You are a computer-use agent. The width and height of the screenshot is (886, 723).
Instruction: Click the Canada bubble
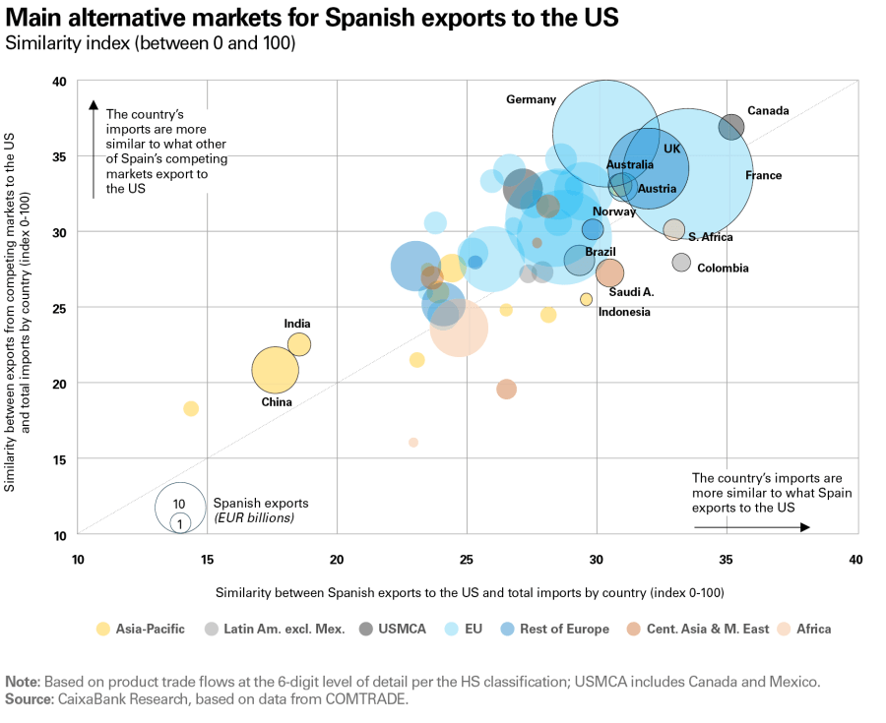click(730, 127)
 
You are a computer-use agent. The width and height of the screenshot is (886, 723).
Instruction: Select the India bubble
click(299, 344)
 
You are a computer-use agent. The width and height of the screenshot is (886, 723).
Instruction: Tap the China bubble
click(275, 371)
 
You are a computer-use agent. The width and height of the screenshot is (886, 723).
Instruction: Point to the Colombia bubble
click(681, 263)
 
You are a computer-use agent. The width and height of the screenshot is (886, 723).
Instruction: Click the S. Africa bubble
click(673, 230)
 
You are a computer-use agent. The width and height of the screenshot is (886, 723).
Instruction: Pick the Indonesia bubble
click(586, 299)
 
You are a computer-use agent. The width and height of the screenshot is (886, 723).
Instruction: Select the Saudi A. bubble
click(609, 272)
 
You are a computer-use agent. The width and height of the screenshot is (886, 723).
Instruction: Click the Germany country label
click(531, 99)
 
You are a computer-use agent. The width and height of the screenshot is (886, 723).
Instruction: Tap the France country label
click(763, 176)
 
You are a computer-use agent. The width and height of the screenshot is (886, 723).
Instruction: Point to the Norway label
click(613, 211)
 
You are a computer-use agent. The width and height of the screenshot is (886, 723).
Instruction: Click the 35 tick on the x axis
click(727, 560)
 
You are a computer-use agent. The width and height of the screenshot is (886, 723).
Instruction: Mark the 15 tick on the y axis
click(60, 459)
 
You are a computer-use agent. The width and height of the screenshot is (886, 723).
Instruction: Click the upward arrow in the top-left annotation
click(94, 148)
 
